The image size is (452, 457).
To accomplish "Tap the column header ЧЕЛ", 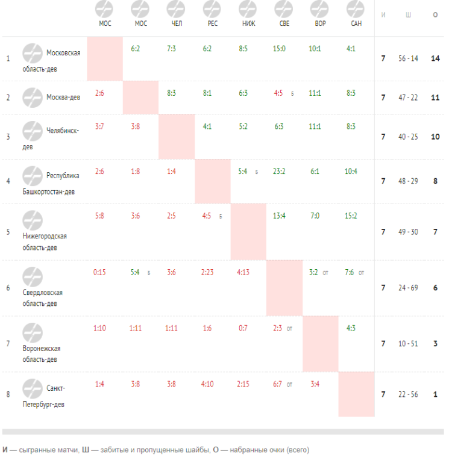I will click(176, 23).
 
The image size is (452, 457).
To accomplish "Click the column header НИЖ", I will click(248, 23).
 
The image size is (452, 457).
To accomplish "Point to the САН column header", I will click(356, 23).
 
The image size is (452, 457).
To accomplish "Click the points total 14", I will click(435, 58).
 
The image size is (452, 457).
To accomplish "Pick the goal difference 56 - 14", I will click(408, 58).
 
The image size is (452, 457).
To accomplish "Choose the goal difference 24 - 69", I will click(408, 288).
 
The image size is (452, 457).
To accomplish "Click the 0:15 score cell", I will click(99, 272).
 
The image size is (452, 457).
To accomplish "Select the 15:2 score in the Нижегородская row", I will click(351, 216).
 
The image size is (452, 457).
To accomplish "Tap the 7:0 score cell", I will click(314, 216).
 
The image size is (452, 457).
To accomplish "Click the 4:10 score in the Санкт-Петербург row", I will click(208, 384).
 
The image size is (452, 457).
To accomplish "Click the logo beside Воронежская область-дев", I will click(33, 332).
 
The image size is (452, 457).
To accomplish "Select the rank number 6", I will click(8, 288).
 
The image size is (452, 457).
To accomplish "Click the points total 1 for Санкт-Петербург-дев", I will click(435, 394).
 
